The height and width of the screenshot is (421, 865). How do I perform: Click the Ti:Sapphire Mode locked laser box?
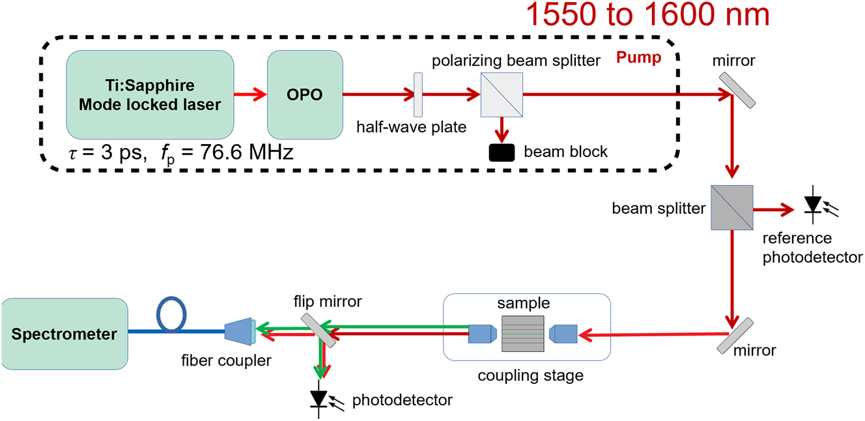point(150,94)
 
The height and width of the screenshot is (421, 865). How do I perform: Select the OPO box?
point(305,94)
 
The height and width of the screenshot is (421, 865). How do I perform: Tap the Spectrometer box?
point(64,334)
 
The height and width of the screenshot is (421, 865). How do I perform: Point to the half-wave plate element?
point(418,94)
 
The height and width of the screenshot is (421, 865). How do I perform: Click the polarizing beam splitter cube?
point(502,94)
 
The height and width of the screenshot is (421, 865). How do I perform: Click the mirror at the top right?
point(737,89)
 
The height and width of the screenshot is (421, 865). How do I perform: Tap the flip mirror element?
point(319,330)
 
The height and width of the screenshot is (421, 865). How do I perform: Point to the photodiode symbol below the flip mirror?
point(319,397)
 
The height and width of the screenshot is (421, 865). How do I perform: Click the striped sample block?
point(523,334)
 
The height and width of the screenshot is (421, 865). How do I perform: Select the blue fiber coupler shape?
point(240,332)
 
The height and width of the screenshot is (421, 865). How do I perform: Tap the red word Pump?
point(638,57)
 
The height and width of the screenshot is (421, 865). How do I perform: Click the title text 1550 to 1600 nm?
point(648,15)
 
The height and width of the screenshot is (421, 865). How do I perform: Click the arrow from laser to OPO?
point(251,94)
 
